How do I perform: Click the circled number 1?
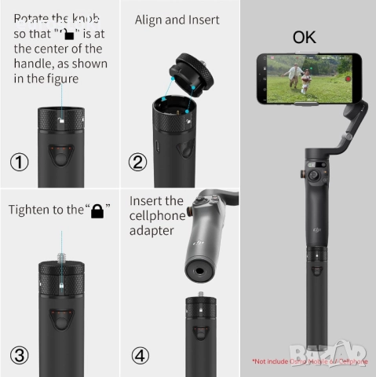point(20,163)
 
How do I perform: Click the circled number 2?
point(138,163)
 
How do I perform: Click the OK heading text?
point(305,37)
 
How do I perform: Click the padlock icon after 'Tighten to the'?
point(97,211)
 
